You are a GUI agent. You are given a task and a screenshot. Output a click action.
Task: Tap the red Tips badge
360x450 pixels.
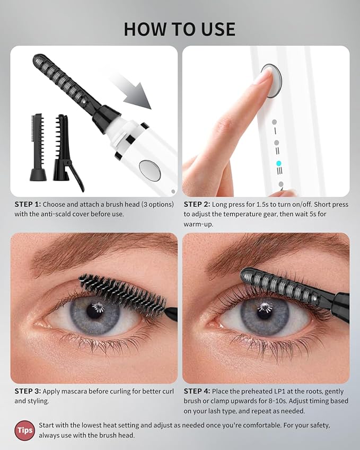[24, 430]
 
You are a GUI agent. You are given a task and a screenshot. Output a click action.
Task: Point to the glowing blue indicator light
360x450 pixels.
[278, 164]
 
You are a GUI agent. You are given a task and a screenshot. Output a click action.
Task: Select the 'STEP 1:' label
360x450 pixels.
[28, 204]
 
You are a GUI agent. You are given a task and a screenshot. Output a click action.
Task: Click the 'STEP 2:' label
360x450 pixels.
[197, 204]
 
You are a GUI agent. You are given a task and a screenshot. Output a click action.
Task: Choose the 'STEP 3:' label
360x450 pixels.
[28, 392]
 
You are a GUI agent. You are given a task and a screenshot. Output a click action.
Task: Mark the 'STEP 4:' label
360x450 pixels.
[197, 392]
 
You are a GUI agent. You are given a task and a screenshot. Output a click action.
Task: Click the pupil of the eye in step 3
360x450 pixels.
[96, 311]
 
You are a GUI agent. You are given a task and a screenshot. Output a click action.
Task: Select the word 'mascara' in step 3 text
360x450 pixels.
[81, 392]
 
